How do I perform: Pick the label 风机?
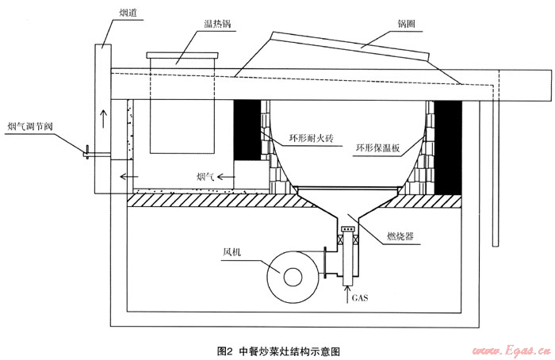[232, 252]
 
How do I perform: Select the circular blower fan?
[291, 274]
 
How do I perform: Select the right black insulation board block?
[450, 147]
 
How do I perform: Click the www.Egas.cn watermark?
[506, 349]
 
